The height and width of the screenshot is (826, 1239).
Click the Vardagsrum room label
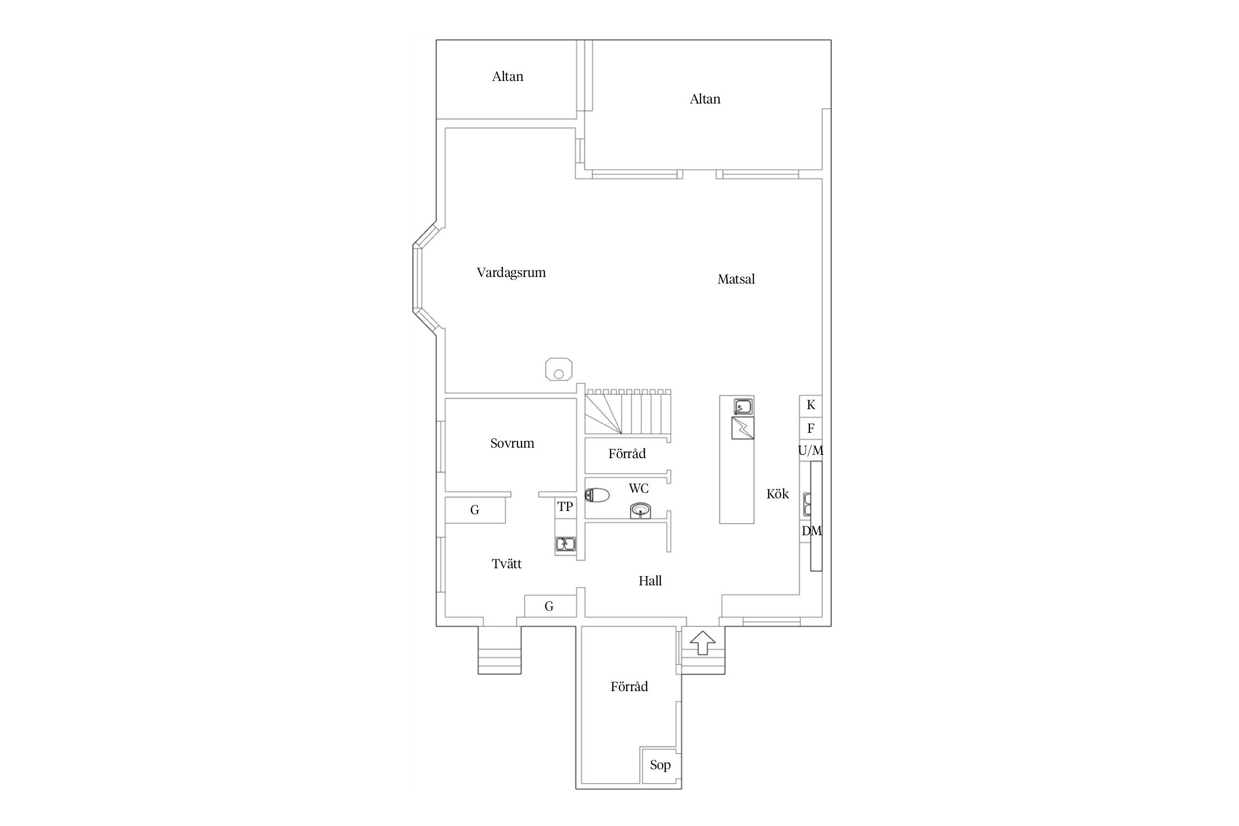coord(511,273)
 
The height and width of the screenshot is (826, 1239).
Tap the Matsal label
coord(736,279)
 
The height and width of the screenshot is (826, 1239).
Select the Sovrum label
coord(512,443)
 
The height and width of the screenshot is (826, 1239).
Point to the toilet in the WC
coord(597,496)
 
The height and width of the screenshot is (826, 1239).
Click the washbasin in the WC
coord(640,510)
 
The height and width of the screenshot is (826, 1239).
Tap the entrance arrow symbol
coord(702,643)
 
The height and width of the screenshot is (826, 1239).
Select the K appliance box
coord(811,406)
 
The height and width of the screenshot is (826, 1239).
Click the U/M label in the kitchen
coord(811,451)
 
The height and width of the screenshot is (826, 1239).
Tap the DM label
coord(812,531)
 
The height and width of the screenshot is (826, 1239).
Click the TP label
coord(565,507)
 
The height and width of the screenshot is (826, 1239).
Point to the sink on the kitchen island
coord(743,407)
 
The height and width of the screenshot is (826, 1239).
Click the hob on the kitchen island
coord(743,428)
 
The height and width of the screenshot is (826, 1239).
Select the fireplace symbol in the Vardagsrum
coord(558,368)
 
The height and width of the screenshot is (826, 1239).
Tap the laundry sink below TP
coord(566,545)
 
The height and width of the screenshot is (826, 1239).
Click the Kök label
coord(778,494)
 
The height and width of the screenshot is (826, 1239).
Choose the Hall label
coord(650,581)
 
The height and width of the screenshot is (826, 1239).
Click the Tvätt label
coord(507,564)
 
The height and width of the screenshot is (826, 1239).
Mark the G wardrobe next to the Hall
coord(550,606)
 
